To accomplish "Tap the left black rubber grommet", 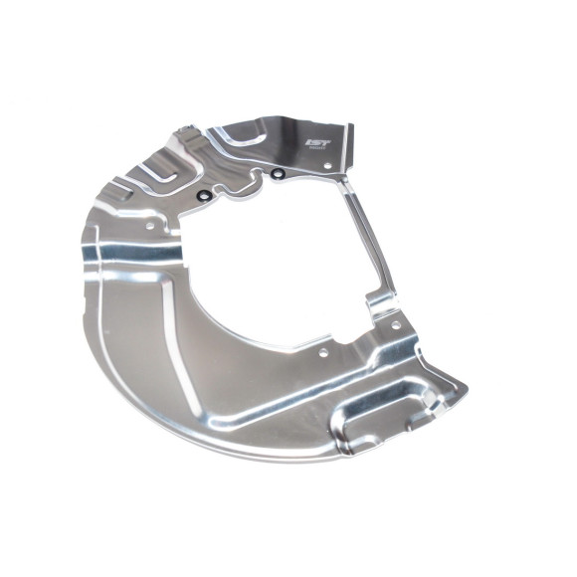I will [204, 195].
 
